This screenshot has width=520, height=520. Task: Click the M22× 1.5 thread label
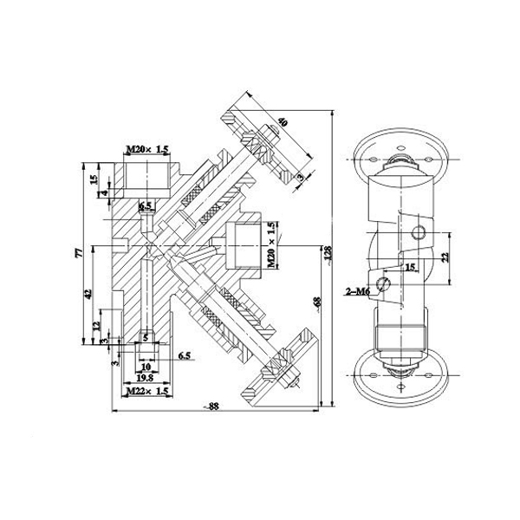point(145,393)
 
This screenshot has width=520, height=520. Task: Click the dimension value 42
point(87,295)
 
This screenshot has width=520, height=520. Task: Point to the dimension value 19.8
point(145,379)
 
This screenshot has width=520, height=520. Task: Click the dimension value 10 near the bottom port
point(145,367)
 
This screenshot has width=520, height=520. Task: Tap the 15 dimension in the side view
point(411,268)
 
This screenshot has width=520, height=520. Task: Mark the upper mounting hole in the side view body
point(419,231)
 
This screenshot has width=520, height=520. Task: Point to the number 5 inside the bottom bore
point(145,337)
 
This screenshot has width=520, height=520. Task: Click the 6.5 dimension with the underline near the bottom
point(184,355)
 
